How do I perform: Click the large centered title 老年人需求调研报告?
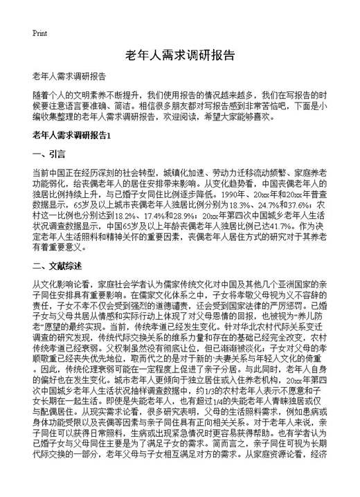coord(180,55)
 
